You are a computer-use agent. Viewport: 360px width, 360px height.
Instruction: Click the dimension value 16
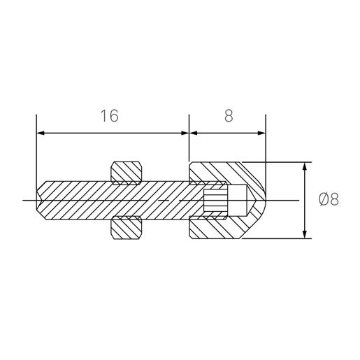[109, 116]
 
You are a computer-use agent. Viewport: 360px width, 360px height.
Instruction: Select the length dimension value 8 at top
[229, 116]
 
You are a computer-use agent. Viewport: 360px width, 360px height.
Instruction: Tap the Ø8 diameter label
[328, 200]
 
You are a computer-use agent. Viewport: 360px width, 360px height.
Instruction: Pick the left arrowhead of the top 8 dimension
[194, 132]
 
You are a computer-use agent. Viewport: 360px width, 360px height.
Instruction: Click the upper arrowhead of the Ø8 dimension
[305, 168]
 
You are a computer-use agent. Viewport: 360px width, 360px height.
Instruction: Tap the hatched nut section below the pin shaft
[128, 228]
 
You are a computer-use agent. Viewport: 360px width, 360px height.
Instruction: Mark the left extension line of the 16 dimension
[36, 154]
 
